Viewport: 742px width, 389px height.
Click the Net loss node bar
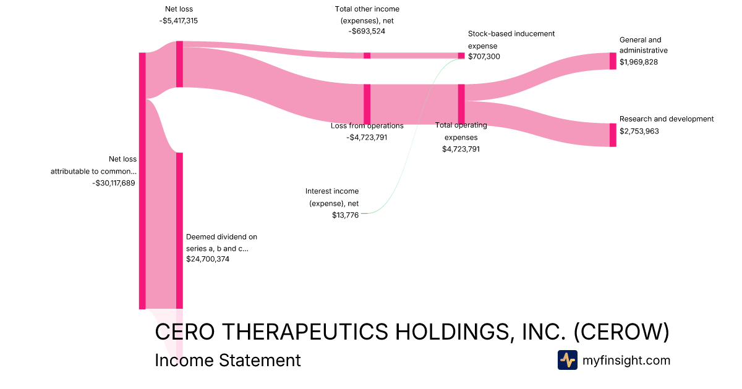[x=179, y=64]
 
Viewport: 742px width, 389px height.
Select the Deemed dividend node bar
[x=179, y=230]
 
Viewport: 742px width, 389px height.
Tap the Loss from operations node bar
[x=367, y=104]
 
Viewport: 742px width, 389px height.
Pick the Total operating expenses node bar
[x=461, y=104]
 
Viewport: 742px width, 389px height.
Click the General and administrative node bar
[x=613, y=61]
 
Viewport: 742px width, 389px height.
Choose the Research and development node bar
[x=613, y=135]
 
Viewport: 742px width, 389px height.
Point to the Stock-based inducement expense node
[x=461, y=56]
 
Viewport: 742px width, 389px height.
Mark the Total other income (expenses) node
[x=367, y=56]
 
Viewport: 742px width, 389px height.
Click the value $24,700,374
[x=208, y=259]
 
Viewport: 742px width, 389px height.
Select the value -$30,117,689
[x=114, y=183]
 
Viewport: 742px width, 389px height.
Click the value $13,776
[x=345, y=215]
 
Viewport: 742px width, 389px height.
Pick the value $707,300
[x=484, y=57]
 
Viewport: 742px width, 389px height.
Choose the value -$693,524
[x=367, y=31]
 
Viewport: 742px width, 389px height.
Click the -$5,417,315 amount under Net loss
[x=178, y=20]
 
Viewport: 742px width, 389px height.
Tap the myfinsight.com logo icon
[x=567, y=360]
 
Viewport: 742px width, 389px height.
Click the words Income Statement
[x=228, y=360]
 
